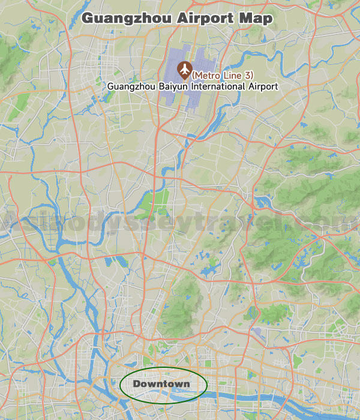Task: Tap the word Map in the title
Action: [256, 19]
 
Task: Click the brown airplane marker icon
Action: [184, 70]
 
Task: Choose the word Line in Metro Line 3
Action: [235, 75]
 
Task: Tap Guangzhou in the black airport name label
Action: [131, 86]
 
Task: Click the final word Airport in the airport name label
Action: [263, 86]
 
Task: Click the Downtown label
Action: [161, 384]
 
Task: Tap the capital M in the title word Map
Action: [246, 19]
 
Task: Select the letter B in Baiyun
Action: [161, 86]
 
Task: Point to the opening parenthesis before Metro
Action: [193, 75]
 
